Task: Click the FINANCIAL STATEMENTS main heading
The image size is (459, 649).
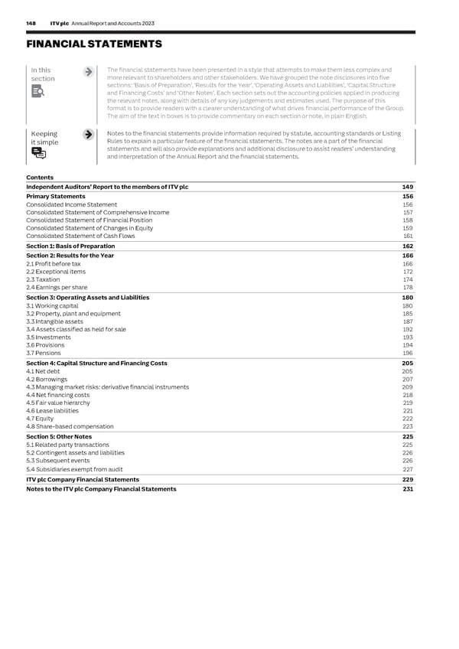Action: coord(93,45)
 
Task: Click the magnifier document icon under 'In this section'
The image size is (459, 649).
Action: coord(37,93)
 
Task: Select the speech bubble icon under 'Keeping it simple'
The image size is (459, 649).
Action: coord(37,154)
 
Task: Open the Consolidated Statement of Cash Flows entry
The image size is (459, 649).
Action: coord(80,236)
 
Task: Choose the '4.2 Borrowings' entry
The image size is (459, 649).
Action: coord(47,379)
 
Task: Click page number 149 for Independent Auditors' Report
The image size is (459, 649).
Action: coord(407,187)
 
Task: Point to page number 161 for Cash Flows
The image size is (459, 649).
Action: coord(407,236)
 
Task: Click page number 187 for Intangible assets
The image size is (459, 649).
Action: coord(407,322)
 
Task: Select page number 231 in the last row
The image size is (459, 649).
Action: coord(407,489)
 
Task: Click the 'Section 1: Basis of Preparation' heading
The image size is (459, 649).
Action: coord(70,246)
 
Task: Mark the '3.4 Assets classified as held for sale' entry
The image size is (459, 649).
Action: coord(75,330)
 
